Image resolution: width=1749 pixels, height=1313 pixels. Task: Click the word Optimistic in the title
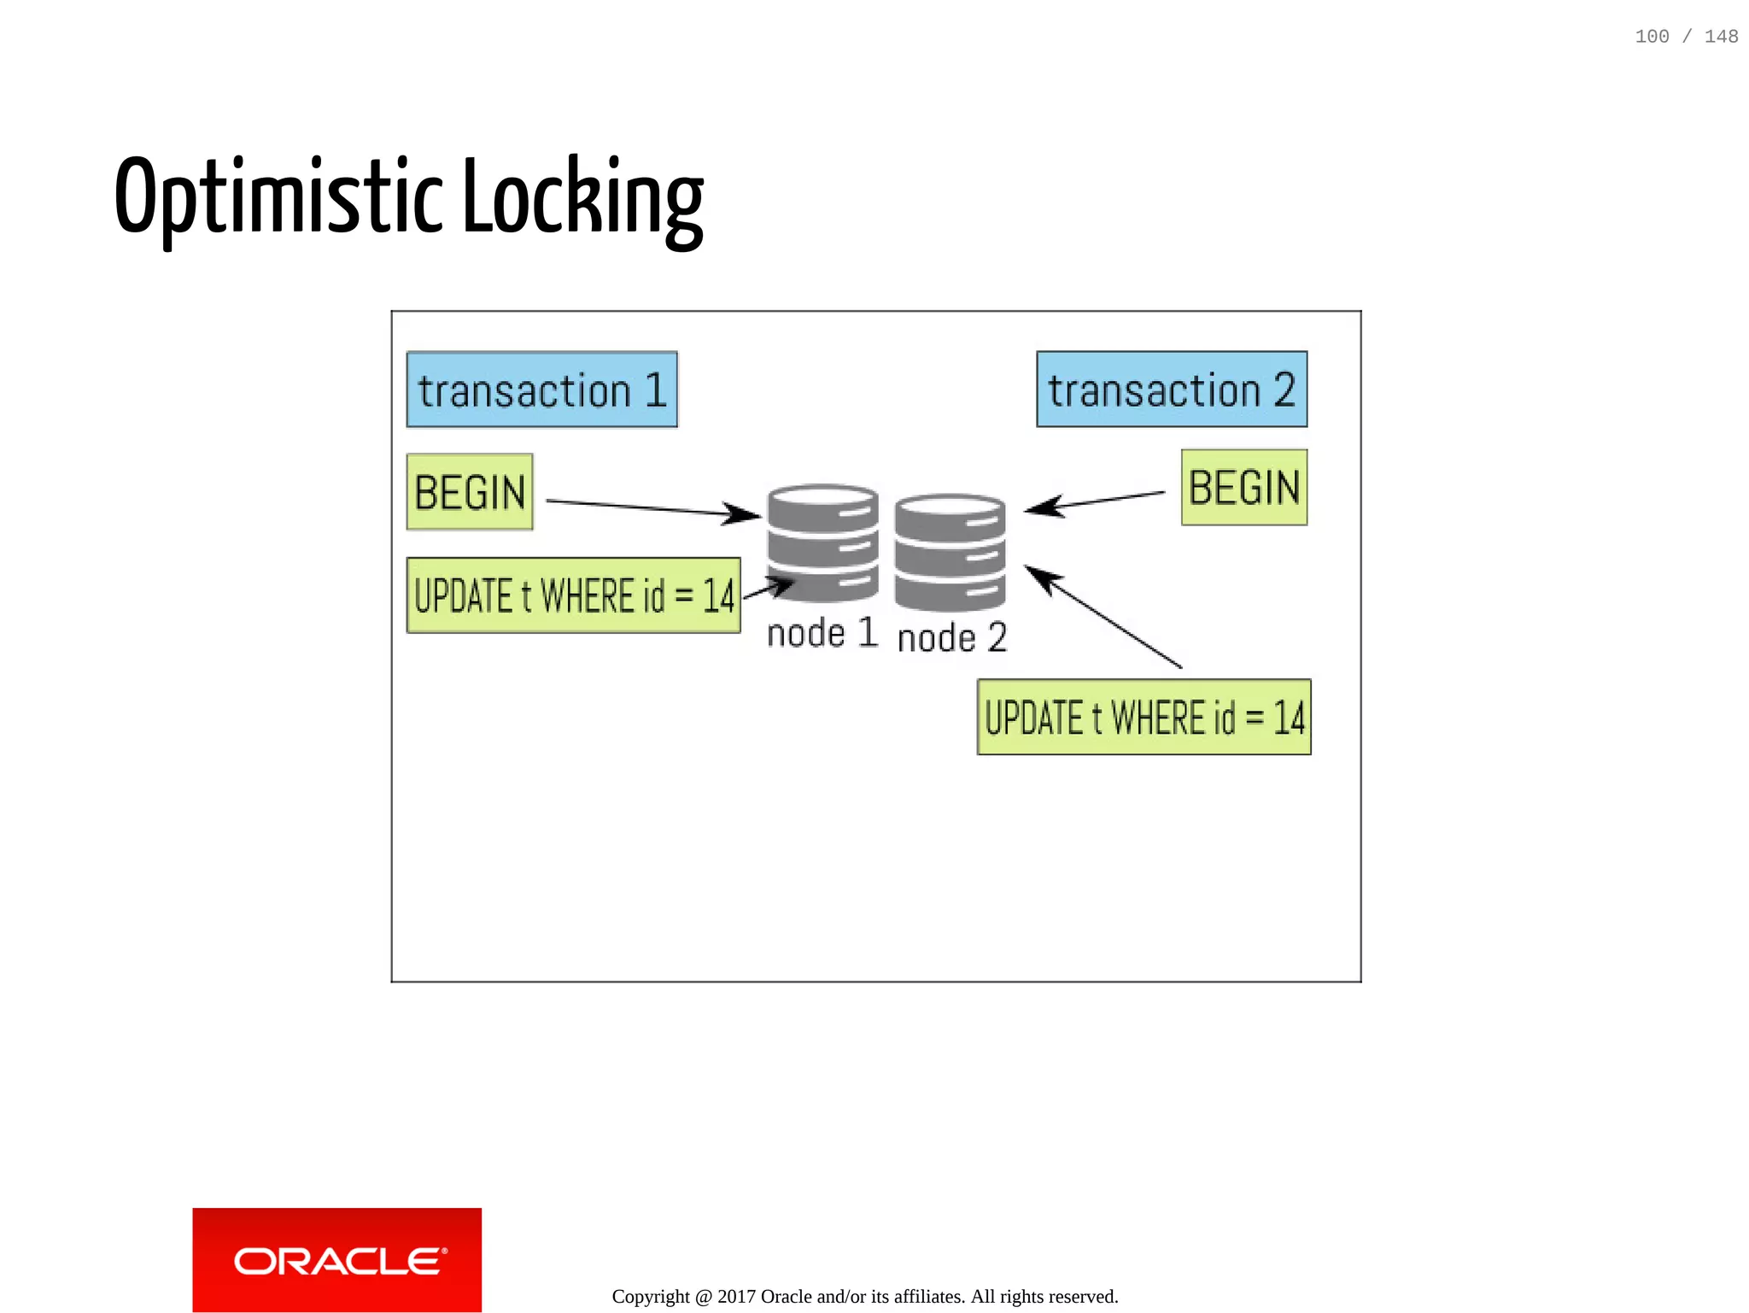click(278, 196)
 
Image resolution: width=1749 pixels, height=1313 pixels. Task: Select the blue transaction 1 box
click(541, 390)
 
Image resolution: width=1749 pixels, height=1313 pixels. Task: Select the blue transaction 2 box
click(1171, 390)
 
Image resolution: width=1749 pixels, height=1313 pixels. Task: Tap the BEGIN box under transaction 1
click(470, 492)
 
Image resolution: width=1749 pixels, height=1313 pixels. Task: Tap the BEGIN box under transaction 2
click(1243, 488)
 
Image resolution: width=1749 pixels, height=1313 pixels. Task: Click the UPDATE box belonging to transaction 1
click(573, 595)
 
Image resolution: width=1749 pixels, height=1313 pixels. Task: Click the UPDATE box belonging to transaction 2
click(1144, 717)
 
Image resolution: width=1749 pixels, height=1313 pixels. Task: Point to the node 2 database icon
click(950, 552)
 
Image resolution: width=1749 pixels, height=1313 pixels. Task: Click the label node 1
click(822, 634)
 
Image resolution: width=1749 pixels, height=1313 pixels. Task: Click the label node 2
click(951, 638)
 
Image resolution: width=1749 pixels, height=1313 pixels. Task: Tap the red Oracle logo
click(336, 1259)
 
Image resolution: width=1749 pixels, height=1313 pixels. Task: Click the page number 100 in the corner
click(1652, 37)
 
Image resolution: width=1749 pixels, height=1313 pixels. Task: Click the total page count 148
click(1721, 37)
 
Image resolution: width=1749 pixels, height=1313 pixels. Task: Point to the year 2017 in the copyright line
click(736, 1296)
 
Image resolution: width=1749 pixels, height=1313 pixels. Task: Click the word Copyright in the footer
click(651, 1296)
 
